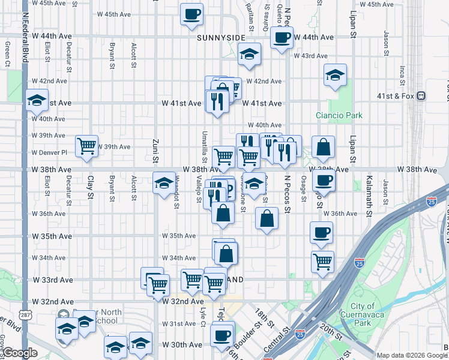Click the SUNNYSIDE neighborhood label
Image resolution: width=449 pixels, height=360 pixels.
point(221,37)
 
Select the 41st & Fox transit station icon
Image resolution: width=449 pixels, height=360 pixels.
point(421,95)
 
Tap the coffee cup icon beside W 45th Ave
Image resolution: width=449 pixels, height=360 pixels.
point(192,14)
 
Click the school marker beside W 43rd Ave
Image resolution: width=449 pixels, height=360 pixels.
point(249,55)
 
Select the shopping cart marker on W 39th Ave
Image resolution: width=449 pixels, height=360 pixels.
point(87,146)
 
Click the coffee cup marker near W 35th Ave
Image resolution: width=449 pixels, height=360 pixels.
point(321,233)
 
